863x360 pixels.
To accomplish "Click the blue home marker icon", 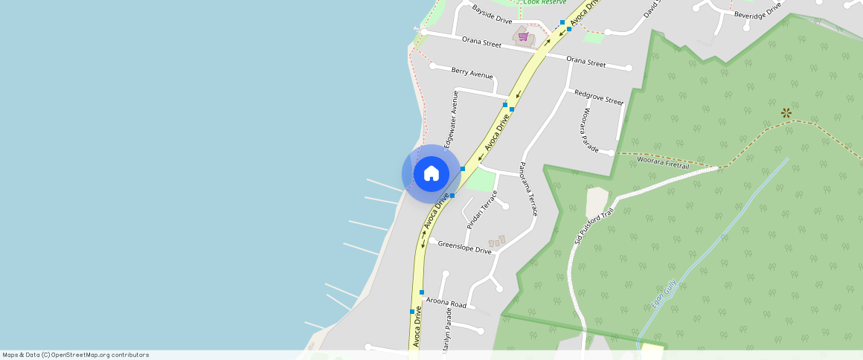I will [431, 174].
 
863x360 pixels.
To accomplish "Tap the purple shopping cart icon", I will [523, 36].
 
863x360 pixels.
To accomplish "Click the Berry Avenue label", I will [472, 73].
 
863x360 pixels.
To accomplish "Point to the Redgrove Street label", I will [598, 97].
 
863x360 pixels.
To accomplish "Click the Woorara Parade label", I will [588, 131].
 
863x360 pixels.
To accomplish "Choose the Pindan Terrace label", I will [481, 209].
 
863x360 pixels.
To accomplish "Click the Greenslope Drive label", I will [464, 247].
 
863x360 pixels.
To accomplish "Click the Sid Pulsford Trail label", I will [593, 225].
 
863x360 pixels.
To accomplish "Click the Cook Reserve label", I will [544, 2].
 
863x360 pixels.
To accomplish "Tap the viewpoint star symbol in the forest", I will [786, 113].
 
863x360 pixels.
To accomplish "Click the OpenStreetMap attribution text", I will [75, 355].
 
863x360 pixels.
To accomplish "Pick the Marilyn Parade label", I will [448, 338].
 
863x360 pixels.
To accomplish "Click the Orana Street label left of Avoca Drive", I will [481, 43].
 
